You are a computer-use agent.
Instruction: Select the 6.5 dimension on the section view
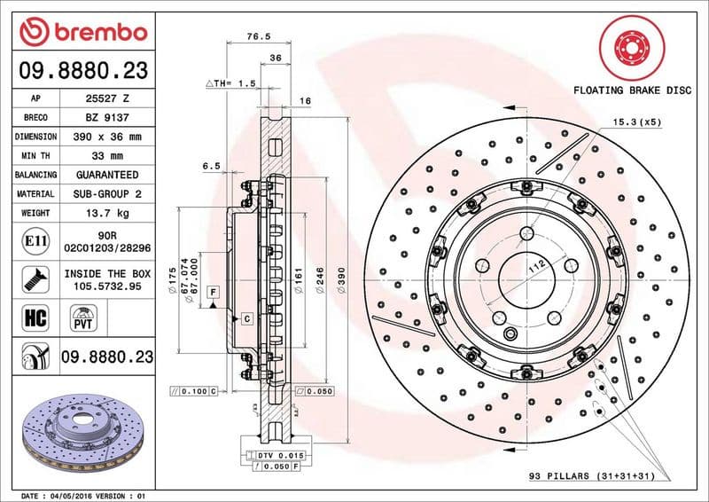pyautogui.click(x=211, y=166)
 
